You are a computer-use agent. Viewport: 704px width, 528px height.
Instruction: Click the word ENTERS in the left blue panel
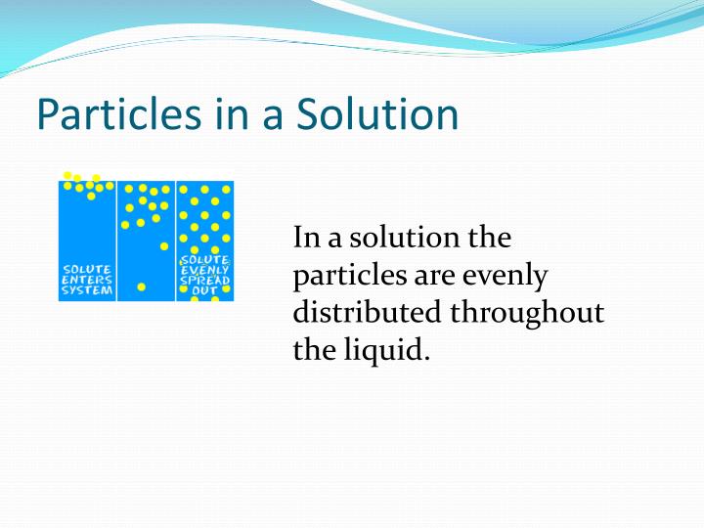[86, 279]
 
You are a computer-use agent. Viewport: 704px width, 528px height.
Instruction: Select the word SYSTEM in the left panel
[86, 289]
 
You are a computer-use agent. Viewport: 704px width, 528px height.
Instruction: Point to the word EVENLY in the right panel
[205, 269]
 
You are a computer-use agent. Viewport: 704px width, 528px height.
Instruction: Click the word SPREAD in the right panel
[205, 280]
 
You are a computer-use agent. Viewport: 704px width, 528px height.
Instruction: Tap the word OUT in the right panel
[205, 290]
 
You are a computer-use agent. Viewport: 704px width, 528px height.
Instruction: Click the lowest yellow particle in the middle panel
[142, 287]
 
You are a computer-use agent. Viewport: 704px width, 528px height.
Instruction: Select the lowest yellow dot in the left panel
[91, 196]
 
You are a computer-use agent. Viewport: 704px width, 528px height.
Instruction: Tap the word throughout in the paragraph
[528, 313]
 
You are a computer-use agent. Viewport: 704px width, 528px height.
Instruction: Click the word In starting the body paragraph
[306, 238]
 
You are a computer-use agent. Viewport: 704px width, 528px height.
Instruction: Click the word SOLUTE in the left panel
[86, 268]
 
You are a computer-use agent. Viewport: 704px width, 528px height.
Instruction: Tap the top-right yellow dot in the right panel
[225, 188]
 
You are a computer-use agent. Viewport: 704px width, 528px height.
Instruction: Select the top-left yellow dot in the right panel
[183, 188]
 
